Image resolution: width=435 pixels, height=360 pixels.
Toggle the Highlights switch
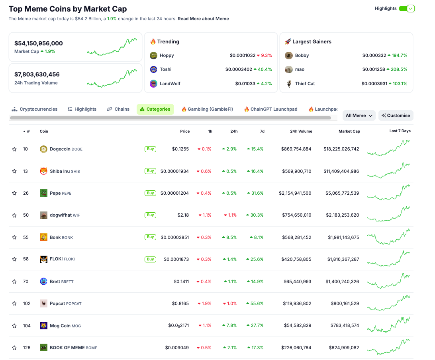tap(407, 8)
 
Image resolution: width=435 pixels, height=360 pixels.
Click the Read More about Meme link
tap(203, 19)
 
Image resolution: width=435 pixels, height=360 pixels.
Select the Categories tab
tap(155, 109)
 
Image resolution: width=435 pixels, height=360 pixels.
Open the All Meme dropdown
tap(359, 115)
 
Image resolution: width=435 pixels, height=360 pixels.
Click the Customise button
tap(396, 115)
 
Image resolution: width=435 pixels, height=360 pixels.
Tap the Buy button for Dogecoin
tap(150, 149)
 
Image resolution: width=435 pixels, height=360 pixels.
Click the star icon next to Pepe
tap(14, 193)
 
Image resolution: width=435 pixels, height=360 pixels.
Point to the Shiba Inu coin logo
tap(43, 171)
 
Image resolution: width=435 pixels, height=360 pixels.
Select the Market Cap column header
tap(349, 131)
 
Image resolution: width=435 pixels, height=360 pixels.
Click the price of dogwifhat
tap(183, 215)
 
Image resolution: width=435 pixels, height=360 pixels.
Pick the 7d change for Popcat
tap(255, 303)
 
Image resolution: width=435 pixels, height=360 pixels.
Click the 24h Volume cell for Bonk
tap(295, 237)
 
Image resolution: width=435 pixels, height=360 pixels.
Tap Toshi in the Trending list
tap(165, 69)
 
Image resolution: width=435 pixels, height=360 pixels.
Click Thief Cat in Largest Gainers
tap(305, 84)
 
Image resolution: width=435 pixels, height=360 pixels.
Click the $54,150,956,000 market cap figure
tap(39, 43)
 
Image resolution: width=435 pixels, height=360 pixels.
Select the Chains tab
tap(118, 109)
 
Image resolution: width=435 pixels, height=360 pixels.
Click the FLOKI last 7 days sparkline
tap(388, 259)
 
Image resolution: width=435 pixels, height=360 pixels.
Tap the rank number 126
tap(27, 348)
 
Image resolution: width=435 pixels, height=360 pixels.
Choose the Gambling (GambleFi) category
tap(207, 109)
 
